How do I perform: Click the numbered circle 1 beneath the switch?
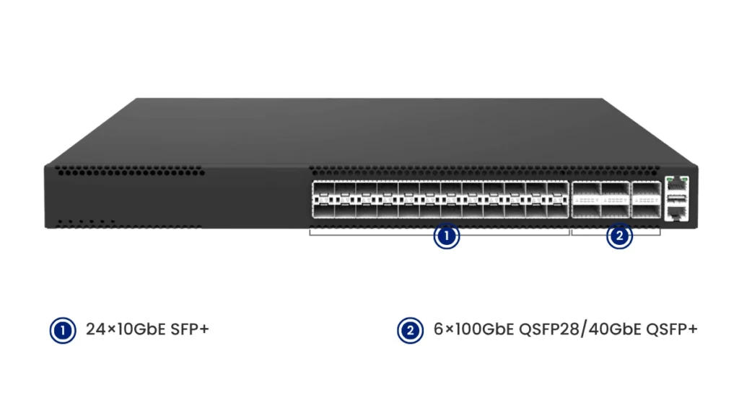[447, 236]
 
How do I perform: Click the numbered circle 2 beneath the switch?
[619, 236]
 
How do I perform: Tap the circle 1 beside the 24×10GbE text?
[63, 330]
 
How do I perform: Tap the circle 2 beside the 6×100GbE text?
[410, 330]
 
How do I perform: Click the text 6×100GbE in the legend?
[473, 330]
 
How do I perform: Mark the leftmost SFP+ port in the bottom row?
[323, 210]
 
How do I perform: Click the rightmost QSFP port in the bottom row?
[646, 210]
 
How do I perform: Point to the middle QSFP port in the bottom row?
[616, 210]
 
